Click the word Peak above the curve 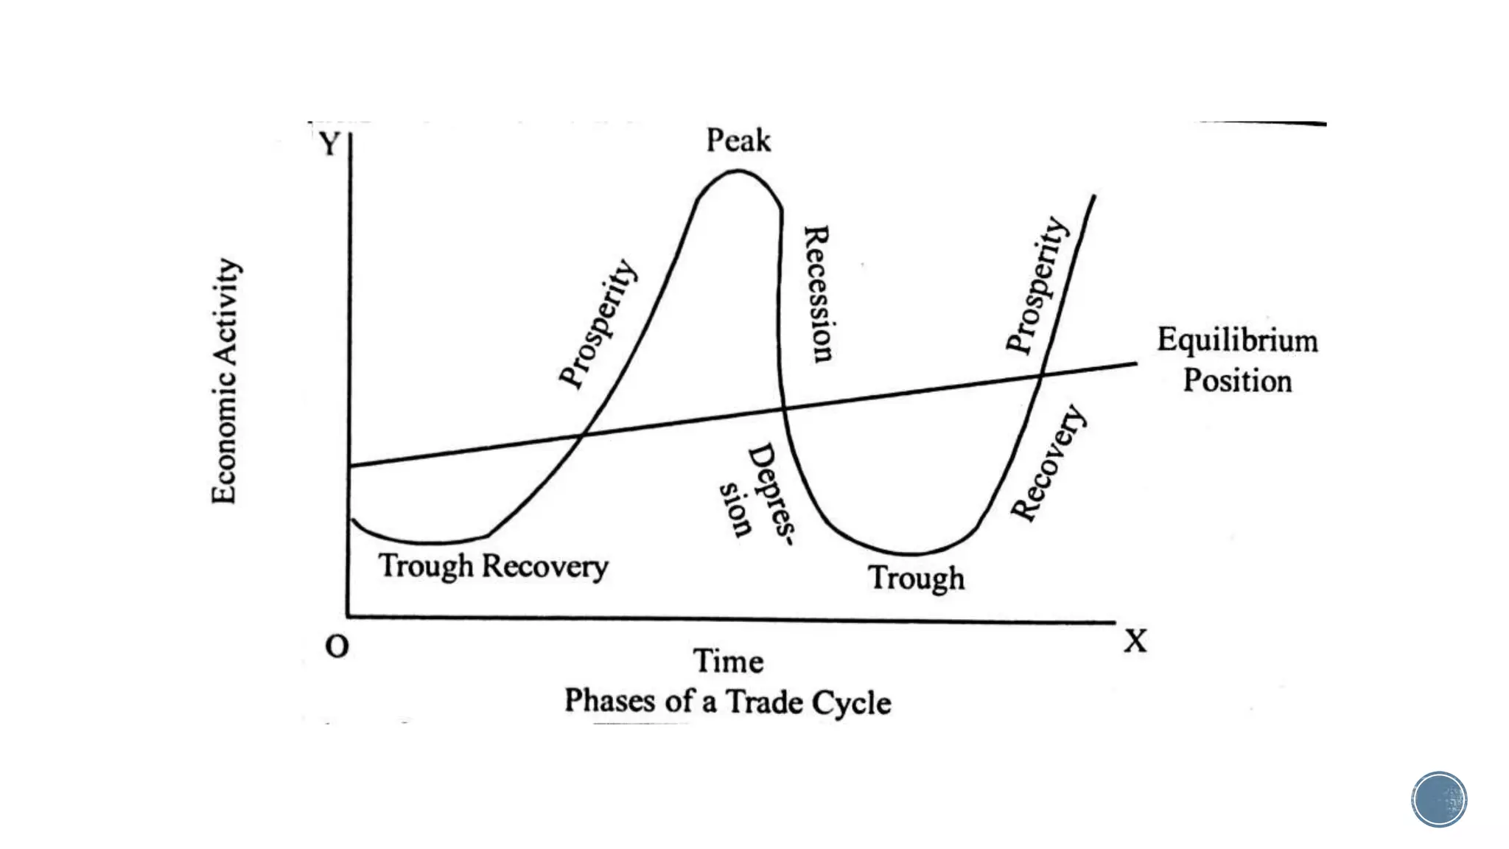(x=738, y=140)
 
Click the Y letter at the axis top (x=329, y=143)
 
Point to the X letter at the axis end (x=1135, y=641)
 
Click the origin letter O (x=337, y=646)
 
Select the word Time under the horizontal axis (x=728, y=661)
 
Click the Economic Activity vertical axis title (x=225, y=381)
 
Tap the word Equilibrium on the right (x=1237, y=340)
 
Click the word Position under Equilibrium (x=1237, y=381)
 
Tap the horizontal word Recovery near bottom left (x=545, y=567)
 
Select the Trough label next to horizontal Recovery (x=426, y=566)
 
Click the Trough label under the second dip (x=916, y=578)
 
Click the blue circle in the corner (x=1439, y=799)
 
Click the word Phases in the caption (x=609, y=700)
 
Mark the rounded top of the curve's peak (x=738, y=172)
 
